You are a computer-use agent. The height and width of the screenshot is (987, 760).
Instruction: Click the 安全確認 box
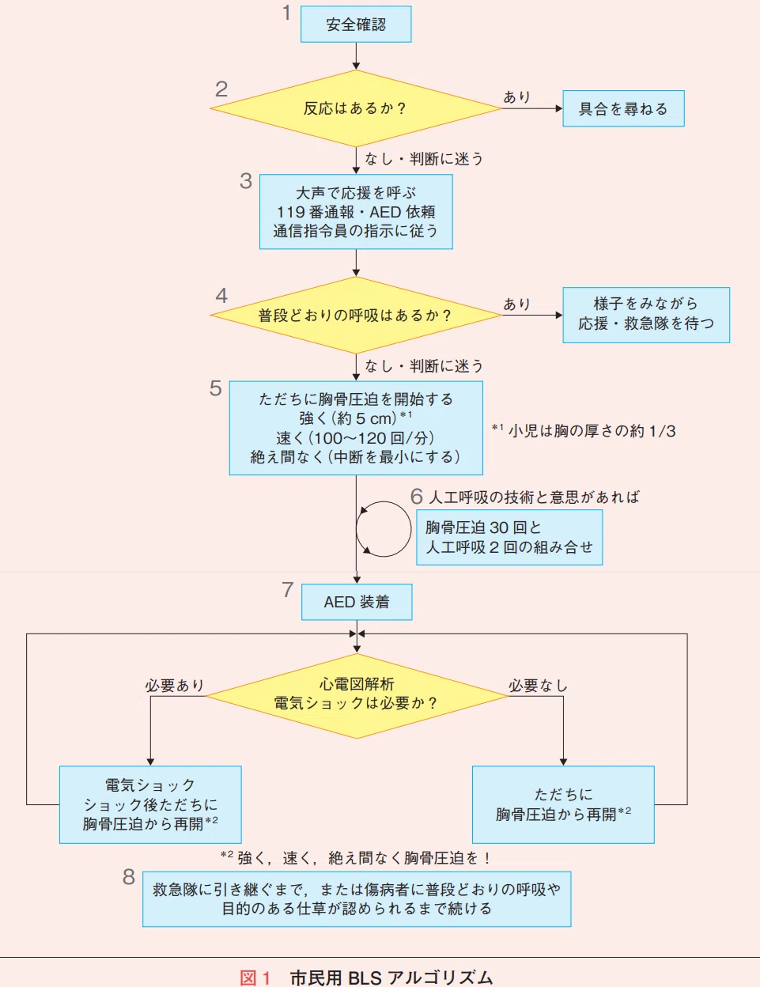point(356,24)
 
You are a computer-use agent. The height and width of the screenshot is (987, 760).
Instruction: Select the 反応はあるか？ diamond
point(356,108)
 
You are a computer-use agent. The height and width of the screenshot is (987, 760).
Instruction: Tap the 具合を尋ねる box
point(623,108)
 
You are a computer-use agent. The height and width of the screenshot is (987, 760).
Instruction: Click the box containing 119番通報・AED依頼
point(356,212)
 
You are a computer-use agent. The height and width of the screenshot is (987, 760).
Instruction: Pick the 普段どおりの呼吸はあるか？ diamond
point(356,316)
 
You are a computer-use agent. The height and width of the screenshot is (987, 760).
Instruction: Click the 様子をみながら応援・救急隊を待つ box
point(646,315)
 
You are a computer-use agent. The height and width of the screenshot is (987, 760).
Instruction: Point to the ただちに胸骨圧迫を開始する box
point(356,428)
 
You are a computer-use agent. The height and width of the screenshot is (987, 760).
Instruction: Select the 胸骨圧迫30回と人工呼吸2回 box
point(509,537)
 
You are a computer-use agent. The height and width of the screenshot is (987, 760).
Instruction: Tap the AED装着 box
point(357,602)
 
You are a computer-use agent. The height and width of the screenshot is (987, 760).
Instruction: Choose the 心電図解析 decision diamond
point(357,696)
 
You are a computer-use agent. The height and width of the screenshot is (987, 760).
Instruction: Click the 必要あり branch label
point(174,686)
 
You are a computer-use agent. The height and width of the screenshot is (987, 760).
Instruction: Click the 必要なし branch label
point(538,686)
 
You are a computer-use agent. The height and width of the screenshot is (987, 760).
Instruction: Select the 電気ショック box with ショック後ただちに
point(150,804)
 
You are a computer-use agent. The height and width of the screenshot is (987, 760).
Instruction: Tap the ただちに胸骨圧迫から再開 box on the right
point(563,804)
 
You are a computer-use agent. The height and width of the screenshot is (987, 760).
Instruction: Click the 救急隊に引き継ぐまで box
point(357,899)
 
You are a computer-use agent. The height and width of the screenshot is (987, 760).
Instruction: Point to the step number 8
point(129,876)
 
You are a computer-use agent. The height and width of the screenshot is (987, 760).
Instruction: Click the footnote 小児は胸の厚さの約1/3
point(584,430)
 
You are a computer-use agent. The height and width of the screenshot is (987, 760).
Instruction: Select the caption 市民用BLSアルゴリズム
point(391,978)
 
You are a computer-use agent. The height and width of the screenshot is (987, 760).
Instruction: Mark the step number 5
point(216,388)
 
